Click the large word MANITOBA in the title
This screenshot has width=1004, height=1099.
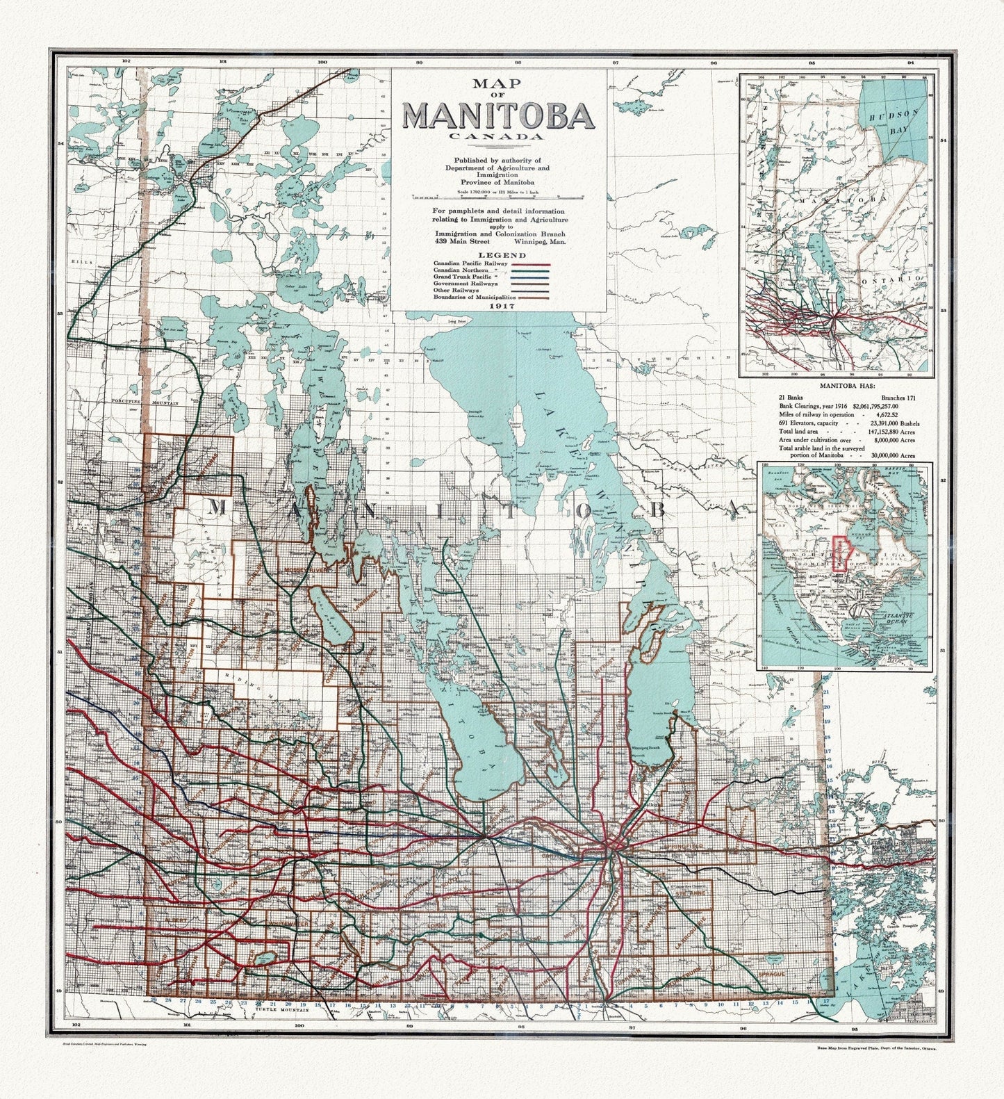coord(497,116)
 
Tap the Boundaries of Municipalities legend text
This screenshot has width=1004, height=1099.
coord(472,297)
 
